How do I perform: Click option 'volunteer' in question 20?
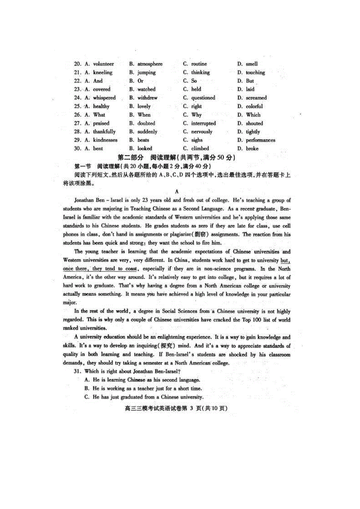(103, 64)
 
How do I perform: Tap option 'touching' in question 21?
(255, 73)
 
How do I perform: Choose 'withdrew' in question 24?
(147, 98)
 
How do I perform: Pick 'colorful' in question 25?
(254, 106)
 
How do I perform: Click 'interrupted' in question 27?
(203, 124)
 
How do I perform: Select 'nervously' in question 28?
(202, 132)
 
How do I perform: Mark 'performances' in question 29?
(260, 140)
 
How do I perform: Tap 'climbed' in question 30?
(200, 149)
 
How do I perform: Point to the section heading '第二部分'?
(131, 158)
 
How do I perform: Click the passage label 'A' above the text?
(177, 192)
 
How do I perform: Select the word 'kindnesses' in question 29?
(105, 140)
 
